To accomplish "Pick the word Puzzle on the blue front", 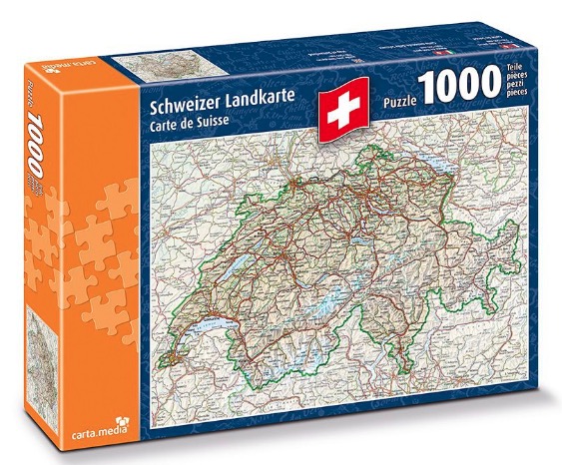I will [x=405, y=101].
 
